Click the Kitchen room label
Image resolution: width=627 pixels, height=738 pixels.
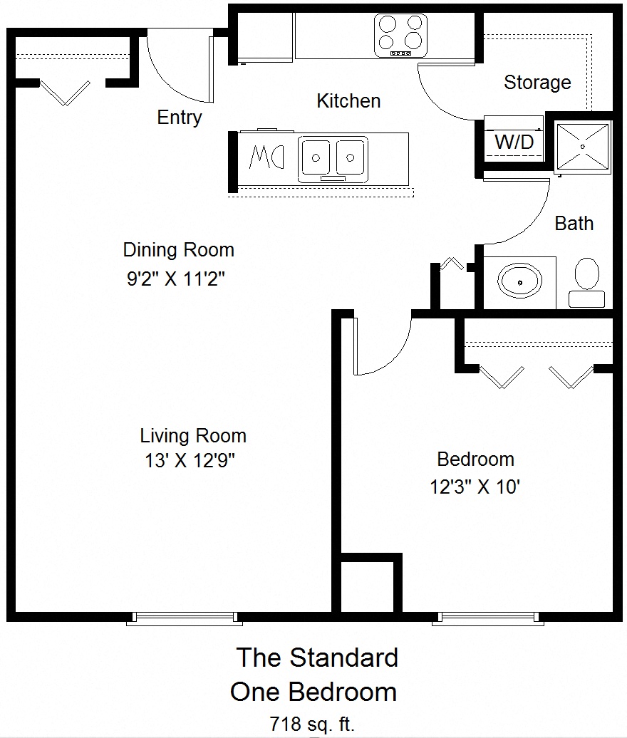(348, 100)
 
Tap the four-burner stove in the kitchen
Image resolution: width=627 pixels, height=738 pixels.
(401, 36)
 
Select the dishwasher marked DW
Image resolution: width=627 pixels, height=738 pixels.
(267, 157)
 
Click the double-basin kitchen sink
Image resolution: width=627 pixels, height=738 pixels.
(333, 159)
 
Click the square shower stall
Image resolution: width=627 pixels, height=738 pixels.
(583, 146)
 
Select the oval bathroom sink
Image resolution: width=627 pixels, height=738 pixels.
(519, 282)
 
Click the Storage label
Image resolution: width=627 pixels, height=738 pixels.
(537, 83)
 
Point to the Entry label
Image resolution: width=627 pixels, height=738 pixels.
(180, 118)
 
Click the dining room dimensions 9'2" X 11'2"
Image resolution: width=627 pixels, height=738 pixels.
(175, 279)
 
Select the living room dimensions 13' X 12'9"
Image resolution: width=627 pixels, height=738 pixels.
(190, 460)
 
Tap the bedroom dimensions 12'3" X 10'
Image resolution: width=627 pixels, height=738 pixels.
(475, 487)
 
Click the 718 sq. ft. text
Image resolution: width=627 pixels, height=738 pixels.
(311, 724)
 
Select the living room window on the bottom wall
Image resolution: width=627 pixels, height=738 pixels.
(185, 618)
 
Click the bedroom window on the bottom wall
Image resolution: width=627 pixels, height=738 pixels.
(488, 618)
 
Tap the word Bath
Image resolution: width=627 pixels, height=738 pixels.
(574, 223)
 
